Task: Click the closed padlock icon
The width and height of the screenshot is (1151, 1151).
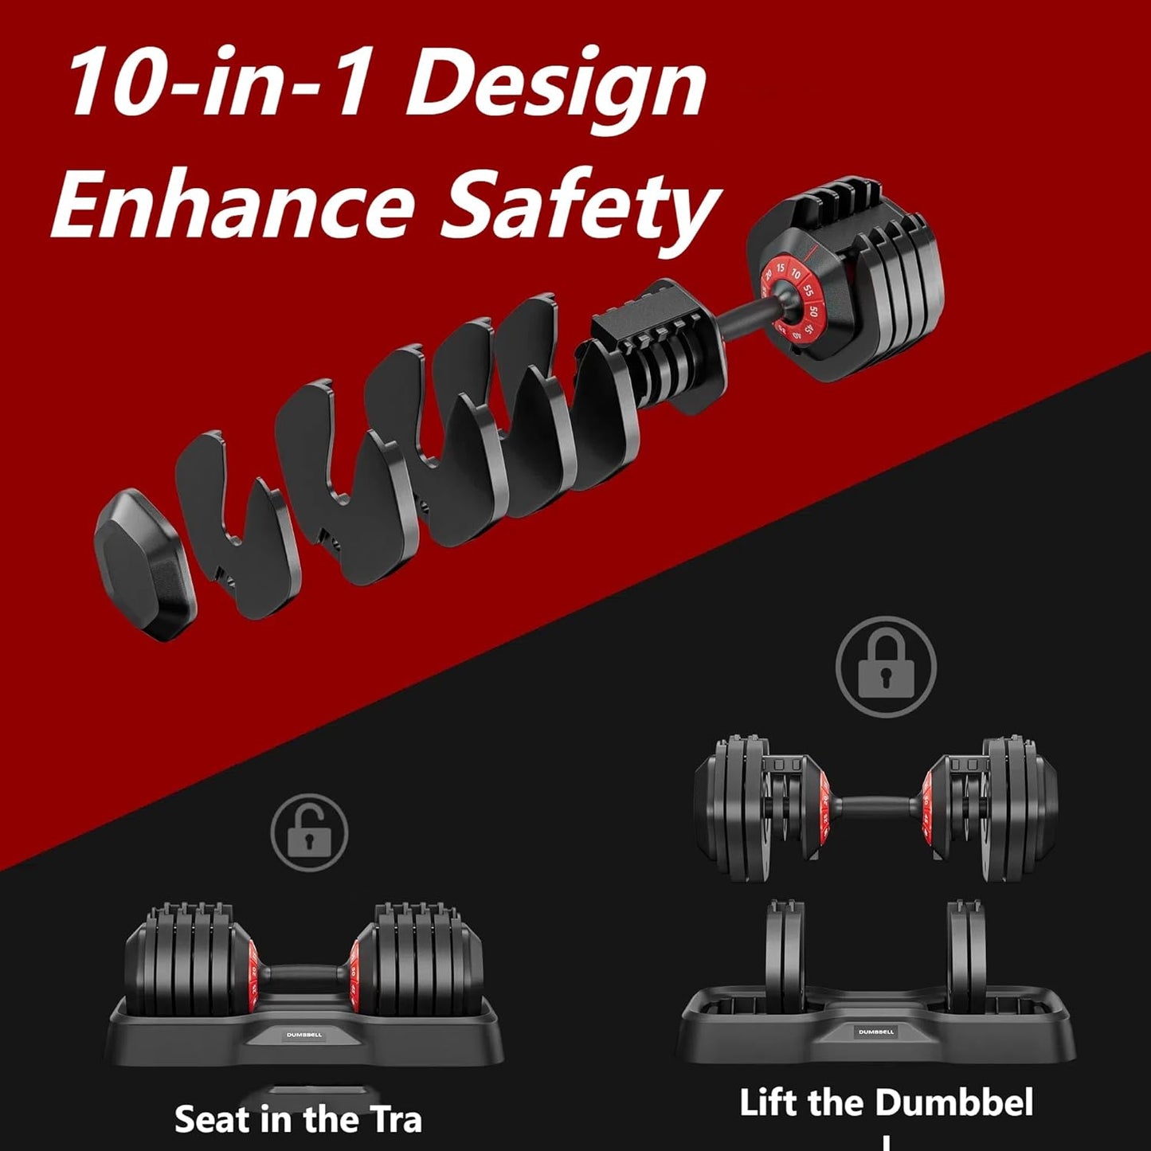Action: (x=886, y=668)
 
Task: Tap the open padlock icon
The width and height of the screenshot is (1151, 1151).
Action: (x=309, y=832)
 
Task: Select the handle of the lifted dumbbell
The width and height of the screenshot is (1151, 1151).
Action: (x=876, y=806)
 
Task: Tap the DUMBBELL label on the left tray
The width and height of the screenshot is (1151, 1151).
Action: (x=304, y=1035)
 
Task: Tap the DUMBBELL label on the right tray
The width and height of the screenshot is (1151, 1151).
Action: (x=876, y=1032)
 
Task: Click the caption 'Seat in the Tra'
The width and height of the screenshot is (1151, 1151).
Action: (x=298, y=1119)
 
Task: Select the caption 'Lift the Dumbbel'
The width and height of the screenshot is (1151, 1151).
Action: (x=886, y=1103)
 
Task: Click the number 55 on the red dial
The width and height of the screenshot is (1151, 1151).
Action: (x=808, y=290)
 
